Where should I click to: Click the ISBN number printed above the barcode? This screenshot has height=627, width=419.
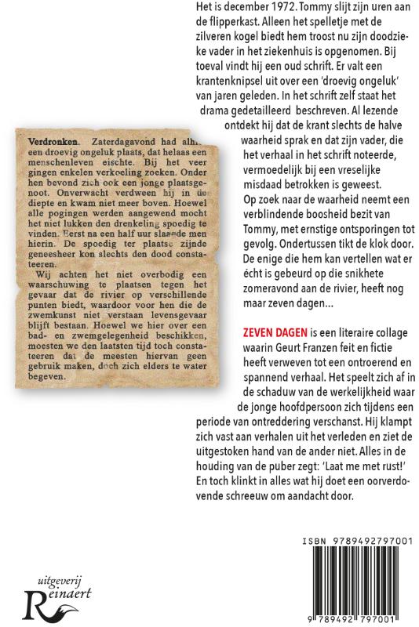coord(363,542)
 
